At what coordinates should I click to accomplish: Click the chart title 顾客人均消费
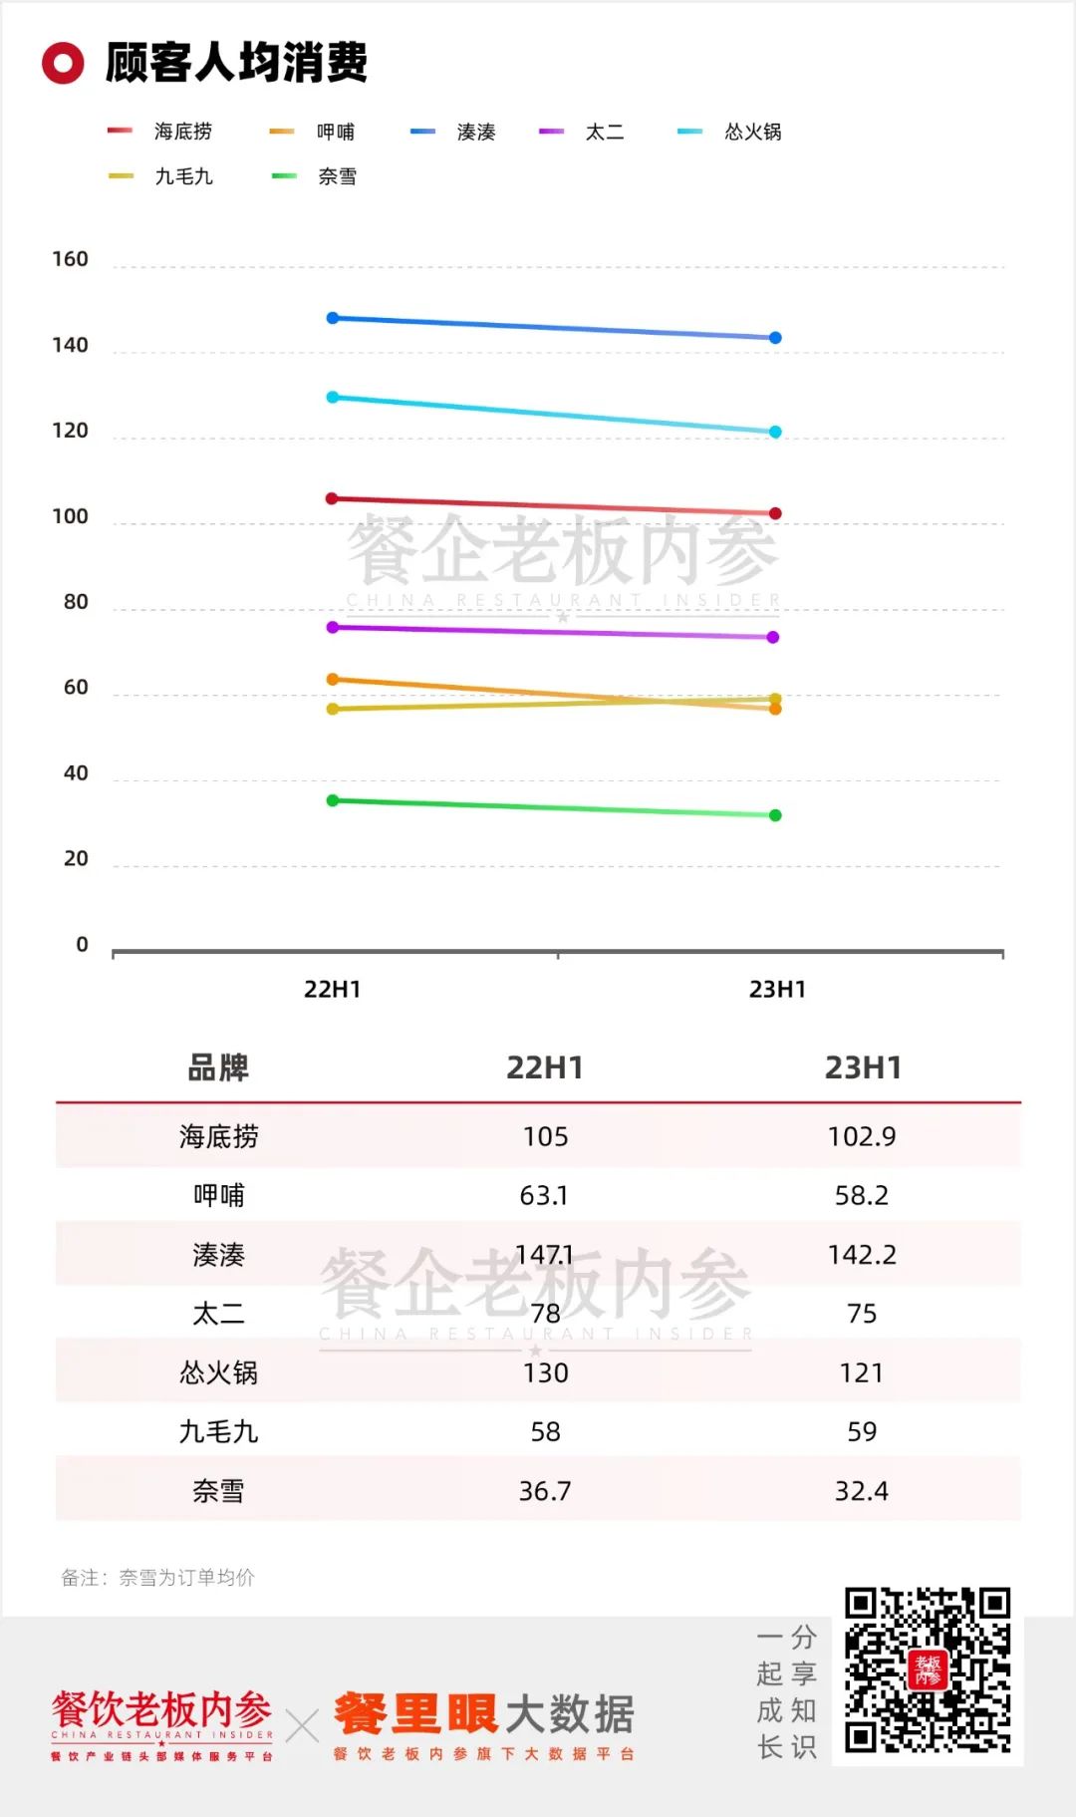click(236, 62)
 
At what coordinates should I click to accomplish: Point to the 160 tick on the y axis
click(70, 259)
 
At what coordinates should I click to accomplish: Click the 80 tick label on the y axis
click(76, 602)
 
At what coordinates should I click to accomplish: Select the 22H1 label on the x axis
click(332, 989)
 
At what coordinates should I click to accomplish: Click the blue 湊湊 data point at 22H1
click(333, 318)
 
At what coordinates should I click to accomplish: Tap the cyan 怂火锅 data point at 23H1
click(775, 432)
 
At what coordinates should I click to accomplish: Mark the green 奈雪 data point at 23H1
click(775, 815)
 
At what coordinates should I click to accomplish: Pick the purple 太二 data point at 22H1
click(333, 627)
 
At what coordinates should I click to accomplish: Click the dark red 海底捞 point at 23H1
click(775, 513)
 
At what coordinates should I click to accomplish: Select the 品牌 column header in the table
click(218, 1067)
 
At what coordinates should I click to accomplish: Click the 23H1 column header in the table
click(863, 1067)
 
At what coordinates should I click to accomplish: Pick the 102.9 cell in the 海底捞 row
click(862, 1136)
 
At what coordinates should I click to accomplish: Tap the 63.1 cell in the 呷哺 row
click(544, 1195)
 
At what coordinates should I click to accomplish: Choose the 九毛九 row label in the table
click(218, 1432)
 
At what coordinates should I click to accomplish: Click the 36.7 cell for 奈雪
click(545, 1491)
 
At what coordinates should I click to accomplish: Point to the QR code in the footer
click(928, 1669)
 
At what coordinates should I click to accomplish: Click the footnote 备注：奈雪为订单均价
click(157, 1577)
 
